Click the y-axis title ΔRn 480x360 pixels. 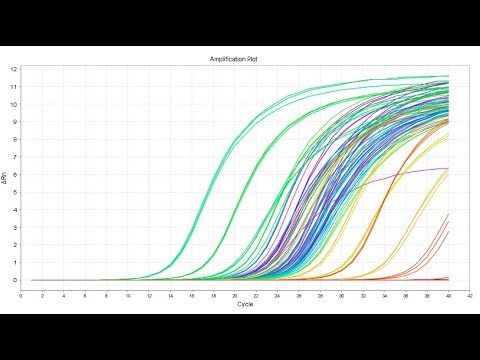tap(5, 176)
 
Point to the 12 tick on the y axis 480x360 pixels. tap(13, 69)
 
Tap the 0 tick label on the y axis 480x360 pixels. tap(14, 280)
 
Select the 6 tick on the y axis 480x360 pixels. tap(14, 174)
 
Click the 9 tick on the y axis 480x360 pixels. tap(14, 122)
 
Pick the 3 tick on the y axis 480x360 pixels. tap(14, 227)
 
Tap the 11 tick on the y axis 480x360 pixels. tap(13, 87)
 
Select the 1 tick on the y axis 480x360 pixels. tap(14, 262)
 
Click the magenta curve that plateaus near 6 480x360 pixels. tap(420, 171)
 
